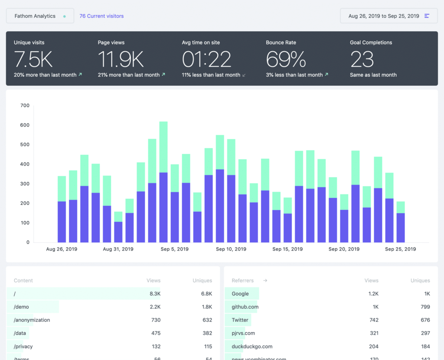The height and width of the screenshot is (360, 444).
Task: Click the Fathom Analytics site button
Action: pos(39,16)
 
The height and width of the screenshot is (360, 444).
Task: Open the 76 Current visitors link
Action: pos(101,16)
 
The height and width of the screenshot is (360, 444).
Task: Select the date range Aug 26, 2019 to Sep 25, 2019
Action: pos(388,16)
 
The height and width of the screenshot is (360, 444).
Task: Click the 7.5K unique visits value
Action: pos(33,59)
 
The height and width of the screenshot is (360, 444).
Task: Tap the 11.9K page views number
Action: pos(121,59)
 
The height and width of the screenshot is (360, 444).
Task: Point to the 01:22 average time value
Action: pos(206,59)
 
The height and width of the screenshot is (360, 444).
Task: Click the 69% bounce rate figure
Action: pos(286,59)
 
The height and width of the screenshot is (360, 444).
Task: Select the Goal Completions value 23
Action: pos(362,59)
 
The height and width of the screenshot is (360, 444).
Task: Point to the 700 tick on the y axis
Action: pos(25,105)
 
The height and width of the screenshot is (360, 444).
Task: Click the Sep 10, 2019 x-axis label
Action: pos(231,249)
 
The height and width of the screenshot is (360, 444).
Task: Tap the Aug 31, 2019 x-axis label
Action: pos(118,249)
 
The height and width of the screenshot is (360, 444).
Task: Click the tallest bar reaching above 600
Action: pos(163,182)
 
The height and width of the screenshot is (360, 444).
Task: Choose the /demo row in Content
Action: pos(21,307)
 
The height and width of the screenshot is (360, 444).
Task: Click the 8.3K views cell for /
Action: pos(155,294)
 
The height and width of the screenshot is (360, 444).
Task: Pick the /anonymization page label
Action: pos(32,320)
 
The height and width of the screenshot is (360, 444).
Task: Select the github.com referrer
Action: pos(245,307)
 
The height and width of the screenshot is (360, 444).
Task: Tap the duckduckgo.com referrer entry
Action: pos(252,347)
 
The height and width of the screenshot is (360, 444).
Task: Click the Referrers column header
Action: pos(242,281)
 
